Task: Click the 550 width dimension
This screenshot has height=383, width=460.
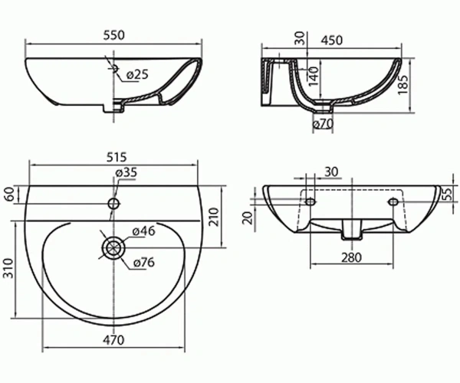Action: pyautogui.click(x=114, y=35)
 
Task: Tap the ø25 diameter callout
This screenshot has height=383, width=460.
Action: pyautogui.click(x=137, y=75)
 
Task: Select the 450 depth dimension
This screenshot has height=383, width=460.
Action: pyautogui.click(x=331, y=41)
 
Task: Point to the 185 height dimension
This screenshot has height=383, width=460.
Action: pyautogui.click(x=403, y=85)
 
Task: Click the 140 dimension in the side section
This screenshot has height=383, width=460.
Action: pyautogui.click(x=314, y=76)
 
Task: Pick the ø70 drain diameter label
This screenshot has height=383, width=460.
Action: pyautogui.click(x=323, y=124)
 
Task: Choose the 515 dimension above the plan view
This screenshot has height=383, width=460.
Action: pyautogui.click(x=117, y=157)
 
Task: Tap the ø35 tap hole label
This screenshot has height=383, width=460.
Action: pyautogui.click(x=127, y=172)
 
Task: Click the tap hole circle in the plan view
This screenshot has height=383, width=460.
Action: pyautogui.click(x=113, y=203)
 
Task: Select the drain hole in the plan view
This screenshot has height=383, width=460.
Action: pyautogui.click(x=113, y=248)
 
